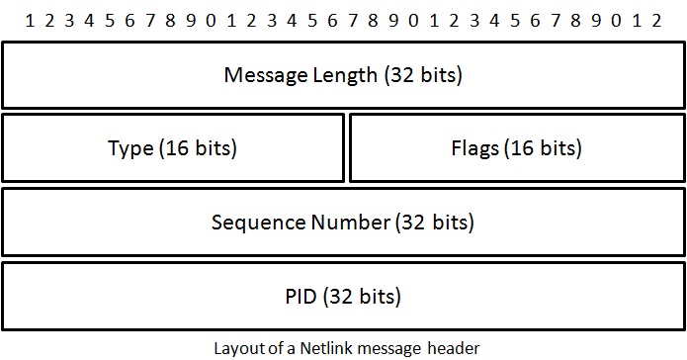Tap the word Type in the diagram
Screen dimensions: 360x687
coord(130,148)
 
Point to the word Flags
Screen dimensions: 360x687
coord(475,148)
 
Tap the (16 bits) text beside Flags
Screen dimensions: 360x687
coord(543,148)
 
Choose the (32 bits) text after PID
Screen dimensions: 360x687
coord(363,296)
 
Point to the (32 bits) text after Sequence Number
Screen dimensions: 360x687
coord(435,223)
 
